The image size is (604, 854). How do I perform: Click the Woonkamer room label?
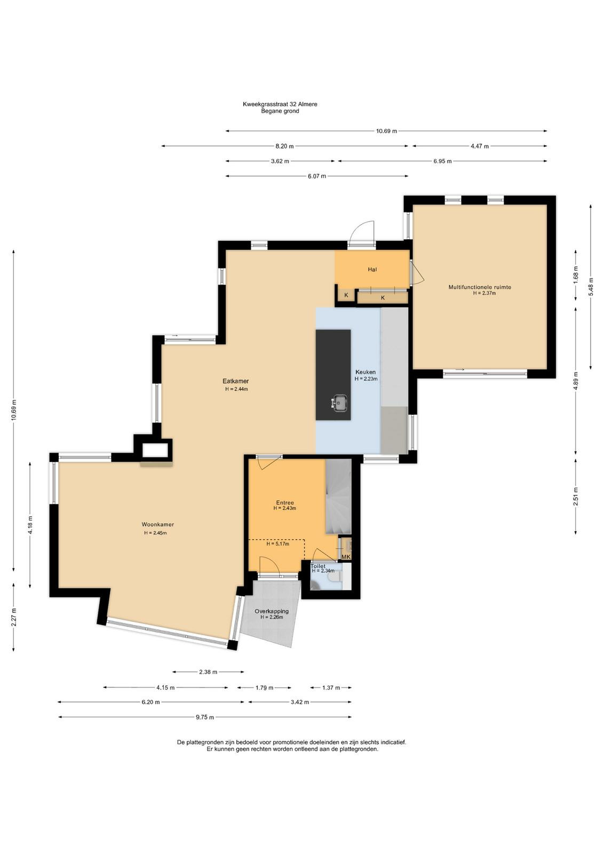click(158, 524)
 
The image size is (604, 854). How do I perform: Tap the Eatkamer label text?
click(235, 381)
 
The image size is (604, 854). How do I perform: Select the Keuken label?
click(365, 371)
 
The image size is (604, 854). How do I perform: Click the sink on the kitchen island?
click(339, 403)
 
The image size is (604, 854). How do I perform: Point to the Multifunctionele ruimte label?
click(480, 287)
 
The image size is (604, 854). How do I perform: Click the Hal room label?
click(372, 269)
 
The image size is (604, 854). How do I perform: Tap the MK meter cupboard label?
click(346, 557)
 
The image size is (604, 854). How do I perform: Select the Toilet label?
click(318, 566)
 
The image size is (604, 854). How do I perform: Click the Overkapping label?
click(272, 611)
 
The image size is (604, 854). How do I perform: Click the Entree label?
click(285, 502)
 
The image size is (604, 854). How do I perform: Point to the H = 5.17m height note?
click(277, 544)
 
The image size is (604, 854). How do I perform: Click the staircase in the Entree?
click(338, 497)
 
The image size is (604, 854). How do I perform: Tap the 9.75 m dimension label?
click(205, 717)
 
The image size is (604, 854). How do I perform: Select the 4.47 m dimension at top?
click(480, 146)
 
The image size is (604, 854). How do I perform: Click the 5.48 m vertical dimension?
click(591, 287)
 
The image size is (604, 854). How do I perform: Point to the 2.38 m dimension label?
click(208, 672)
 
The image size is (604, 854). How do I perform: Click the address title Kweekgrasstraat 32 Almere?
click(280, 104)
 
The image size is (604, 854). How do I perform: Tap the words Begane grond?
click(280, 112)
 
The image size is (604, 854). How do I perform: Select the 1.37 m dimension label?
click(330, 688)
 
